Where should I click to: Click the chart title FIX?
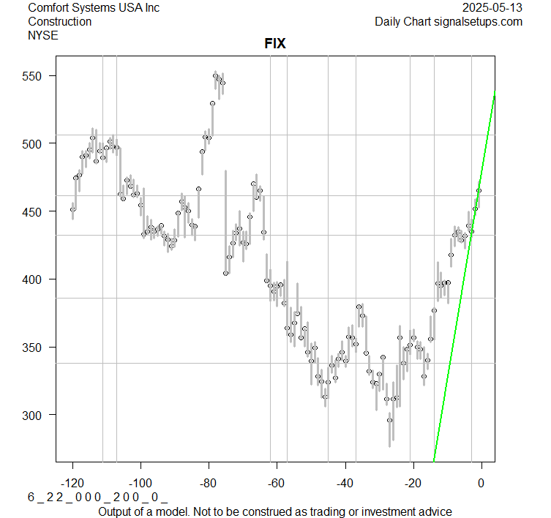coord(274,44)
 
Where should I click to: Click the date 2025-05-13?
coord(493,7)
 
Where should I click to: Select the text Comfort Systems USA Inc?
coord(94,7)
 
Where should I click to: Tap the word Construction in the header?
coord(60,21)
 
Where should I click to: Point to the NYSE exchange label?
coord(43,35)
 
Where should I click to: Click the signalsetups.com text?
coord(479,21)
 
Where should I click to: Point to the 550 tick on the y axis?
coord(34,76)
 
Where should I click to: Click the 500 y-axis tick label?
coord(34,144)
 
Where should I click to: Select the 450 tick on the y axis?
coord(34,211)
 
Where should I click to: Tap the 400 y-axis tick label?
coord(34,279)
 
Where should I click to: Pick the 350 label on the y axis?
coord(34,348)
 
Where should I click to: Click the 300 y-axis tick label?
coord(34,415)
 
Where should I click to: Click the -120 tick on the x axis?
coord(72,482)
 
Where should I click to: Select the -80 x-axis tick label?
coord(209,482)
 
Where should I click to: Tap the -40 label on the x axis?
coord(345,482)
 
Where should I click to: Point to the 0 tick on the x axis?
coord(481,482)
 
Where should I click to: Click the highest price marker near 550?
coord(215,75)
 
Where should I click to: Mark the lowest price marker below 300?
coord(389,420)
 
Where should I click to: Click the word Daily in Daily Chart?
coord(391,21)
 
